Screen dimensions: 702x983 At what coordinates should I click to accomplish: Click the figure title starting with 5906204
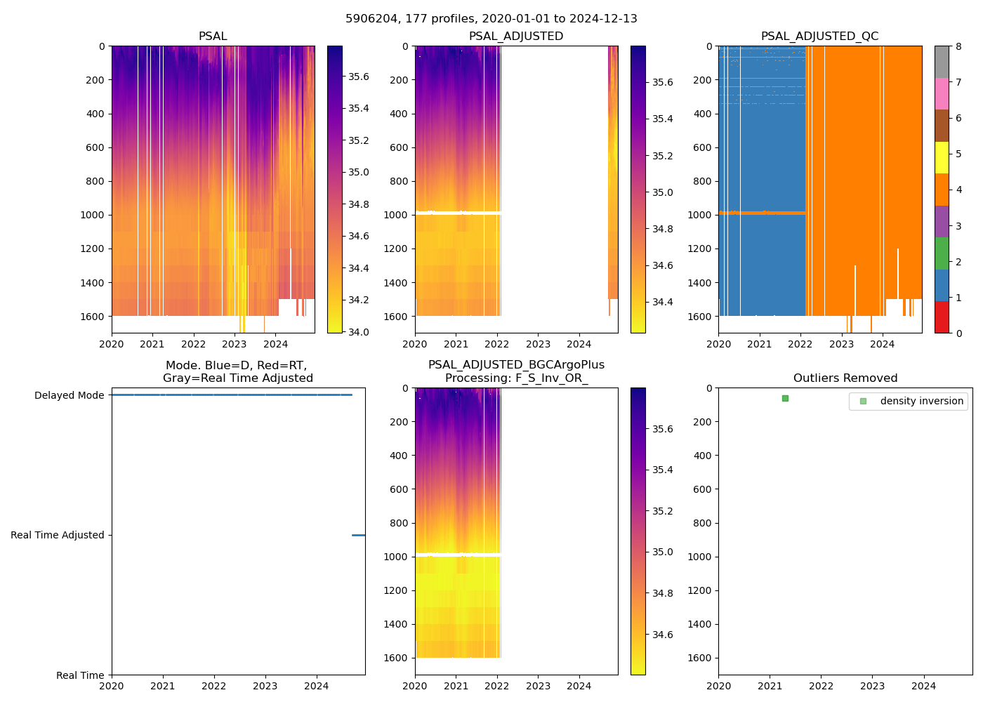[491, 19]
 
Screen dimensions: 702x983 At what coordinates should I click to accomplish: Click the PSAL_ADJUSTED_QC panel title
[819, 37]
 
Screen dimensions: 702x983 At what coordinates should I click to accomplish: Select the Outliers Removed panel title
[845, 378]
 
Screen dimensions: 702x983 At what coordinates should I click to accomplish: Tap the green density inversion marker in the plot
[785, 398]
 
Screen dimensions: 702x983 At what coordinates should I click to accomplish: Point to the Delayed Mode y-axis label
[69, 395]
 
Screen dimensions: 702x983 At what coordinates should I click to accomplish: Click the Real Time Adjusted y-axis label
[57, 535]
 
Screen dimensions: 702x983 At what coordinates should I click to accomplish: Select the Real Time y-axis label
[80, 675]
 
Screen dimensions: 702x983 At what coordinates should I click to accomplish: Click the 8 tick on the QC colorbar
[958, 46]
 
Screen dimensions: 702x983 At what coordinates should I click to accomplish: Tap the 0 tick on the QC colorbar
[958, 333]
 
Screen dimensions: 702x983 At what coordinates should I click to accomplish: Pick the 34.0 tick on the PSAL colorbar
[359, 332]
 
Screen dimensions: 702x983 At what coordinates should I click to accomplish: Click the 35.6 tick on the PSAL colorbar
[359, 77]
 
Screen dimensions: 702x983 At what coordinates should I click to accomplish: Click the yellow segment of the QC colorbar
[942, 158]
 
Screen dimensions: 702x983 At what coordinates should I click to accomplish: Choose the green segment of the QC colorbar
[942, 253]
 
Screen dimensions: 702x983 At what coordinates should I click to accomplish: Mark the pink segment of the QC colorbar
[942, 94]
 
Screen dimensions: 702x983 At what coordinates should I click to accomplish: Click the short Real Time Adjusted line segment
[358, 535]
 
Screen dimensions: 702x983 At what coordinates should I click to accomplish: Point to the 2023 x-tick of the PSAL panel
[234, 344]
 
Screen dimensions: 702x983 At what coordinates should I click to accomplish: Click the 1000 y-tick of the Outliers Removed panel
[701, 557]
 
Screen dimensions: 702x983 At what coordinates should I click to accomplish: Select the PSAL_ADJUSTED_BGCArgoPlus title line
[516, 365]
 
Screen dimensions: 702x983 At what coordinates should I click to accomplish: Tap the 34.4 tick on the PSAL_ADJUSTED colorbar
[662, 302]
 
